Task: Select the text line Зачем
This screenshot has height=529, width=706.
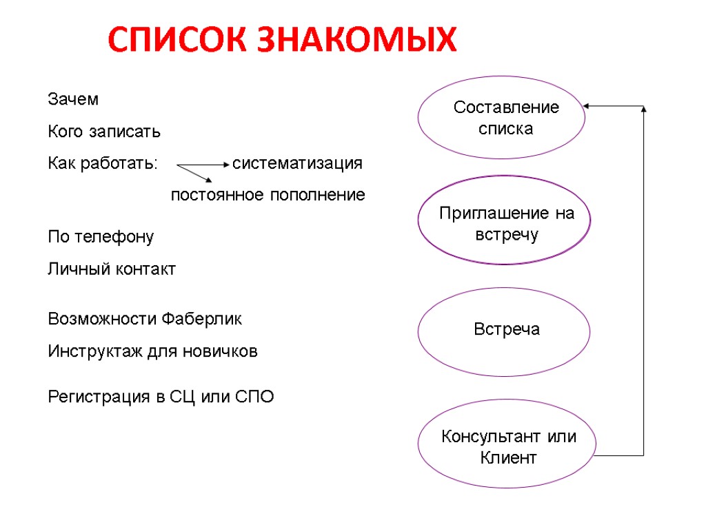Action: point(73,99)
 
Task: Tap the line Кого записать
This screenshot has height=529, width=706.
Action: point(103,131)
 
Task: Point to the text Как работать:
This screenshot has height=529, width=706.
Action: point(103,164)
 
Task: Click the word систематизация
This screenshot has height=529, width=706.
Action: point(297,164)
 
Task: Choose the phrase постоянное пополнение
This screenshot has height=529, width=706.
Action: point(268,196)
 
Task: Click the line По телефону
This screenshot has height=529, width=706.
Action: point(101,237)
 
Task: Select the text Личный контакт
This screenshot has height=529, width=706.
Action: point(112,269)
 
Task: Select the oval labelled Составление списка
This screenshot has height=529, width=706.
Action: point(502,118)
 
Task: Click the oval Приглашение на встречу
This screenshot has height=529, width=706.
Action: point(505,220)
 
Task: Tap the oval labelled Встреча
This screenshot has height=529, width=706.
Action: point(505,331)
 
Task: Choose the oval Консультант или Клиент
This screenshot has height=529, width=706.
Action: point(507,446)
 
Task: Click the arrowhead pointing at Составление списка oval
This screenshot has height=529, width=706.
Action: point(586,106)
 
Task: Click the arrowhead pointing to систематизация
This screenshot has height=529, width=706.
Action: point(228,165)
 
